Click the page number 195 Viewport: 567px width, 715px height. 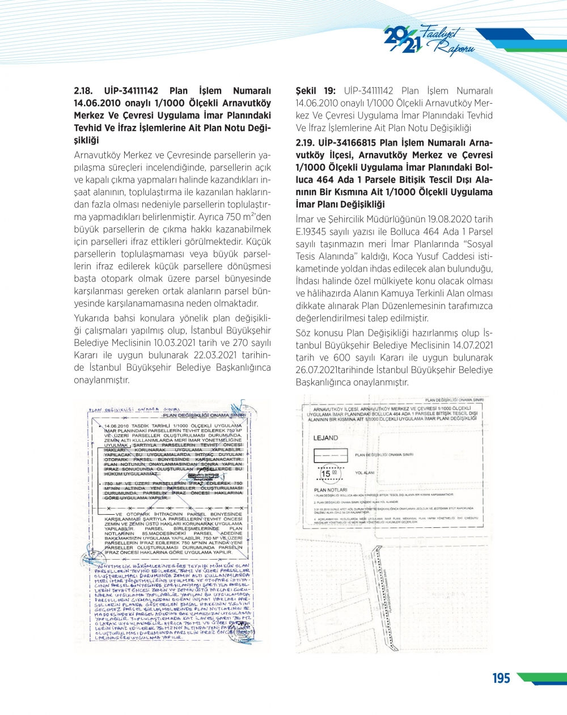coord(501,678)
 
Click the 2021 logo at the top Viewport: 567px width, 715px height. coord(404,40)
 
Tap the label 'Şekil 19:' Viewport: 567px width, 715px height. coord(316,91)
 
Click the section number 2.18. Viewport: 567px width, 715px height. coord(85,91)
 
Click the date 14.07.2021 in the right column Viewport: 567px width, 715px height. coord(472,345)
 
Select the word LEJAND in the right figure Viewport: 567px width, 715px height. coord(325,438)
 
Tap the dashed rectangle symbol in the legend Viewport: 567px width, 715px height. coord(331,455)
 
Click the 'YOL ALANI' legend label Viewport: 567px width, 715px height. coord(365,473)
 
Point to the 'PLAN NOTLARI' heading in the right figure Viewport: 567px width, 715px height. coord(330,490)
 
